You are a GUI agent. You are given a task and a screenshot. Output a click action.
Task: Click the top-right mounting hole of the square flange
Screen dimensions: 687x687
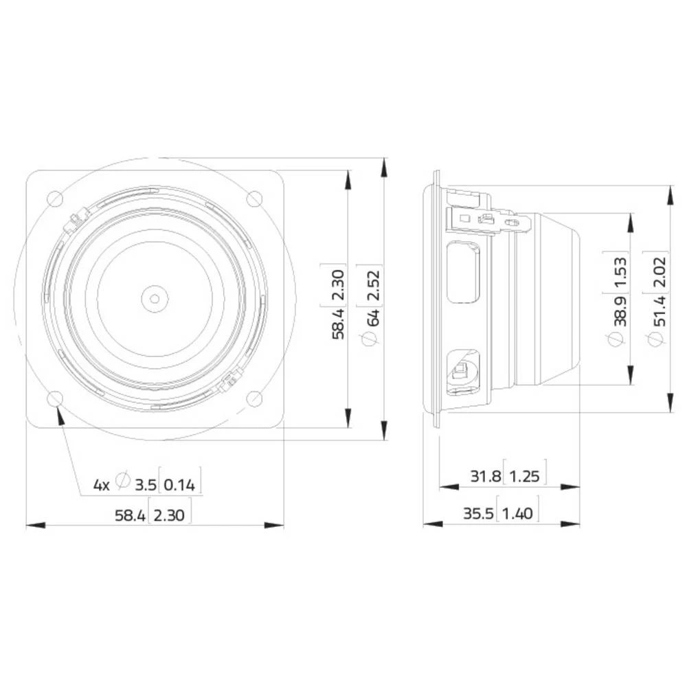tap(254, 199)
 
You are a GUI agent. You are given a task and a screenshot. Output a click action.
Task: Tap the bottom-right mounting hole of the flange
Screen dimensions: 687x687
tap(254, 398)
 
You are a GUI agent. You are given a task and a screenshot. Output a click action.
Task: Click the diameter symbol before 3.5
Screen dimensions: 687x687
tap(123, 482)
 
